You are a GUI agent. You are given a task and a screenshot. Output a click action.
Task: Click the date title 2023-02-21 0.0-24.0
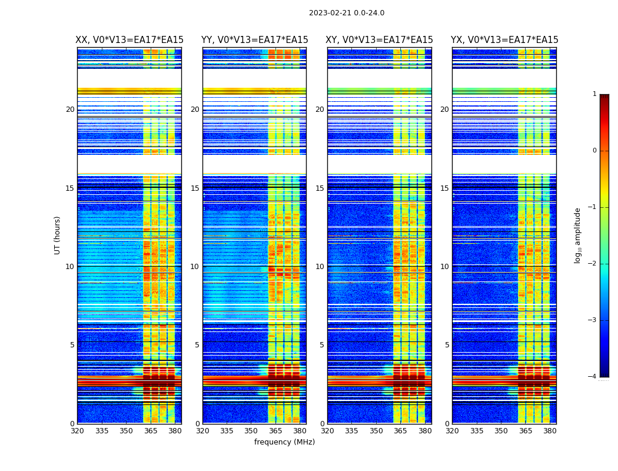point(347,13)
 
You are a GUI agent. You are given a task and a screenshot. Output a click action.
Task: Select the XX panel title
point(129,40)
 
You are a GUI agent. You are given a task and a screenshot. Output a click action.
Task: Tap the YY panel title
point(254,40)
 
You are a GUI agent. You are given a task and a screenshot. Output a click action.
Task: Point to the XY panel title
point(380,40)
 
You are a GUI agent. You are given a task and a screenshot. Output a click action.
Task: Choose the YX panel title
point(504,40)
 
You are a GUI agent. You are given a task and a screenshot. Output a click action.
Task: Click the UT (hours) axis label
point(57,235)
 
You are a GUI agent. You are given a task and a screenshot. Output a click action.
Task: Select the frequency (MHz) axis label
point(284,442)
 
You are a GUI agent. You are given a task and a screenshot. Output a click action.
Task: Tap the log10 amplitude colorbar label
point(577,235)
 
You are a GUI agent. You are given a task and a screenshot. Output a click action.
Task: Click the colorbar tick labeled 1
point(594,94)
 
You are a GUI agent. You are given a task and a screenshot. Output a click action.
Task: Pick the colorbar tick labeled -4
point(593,377)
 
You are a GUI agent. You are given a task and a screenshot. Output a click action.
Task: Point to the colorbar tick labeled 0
point(594,151)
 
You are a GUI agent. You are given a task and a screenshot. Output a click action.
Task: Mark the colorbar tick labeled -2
point(593,264)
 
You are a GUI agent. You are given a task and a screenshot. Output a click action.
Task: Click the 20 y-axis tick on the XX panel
point(70,110)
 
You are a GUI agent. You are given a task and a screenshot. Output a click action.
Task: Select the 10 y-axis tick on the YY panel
point(195,267)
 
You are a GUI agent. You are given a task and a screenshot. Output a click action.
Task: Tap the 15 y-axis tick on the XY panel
point(320,188)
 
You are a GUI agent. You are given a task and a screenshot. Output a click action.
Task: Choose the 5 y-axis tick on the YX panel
point(447,345)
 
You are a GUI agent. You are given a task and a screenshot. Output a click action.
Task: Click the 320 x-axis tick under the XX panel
point(77,431)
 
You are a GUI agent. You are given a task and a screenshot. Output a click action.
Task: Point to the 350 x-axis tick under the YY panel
point(251,431)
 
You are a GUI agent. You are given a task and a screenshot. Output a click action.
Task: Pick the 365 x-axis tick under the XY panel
point(400,431)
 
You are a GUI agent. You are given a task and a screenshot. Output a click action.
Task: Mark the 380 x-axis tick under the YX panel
point(550,431)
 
